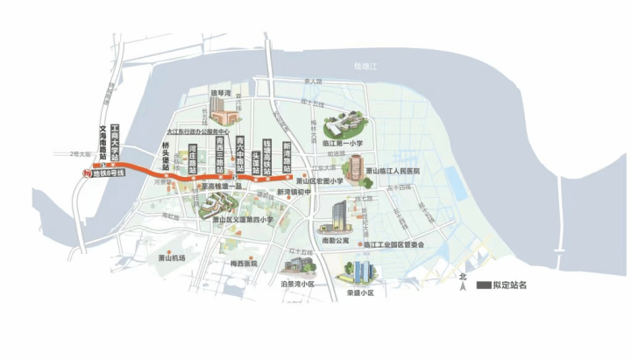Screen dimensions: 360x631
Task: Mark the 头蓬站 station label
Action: tap(256, 163)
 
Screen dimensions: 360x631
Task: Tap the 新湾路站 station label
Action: tap(286, 154)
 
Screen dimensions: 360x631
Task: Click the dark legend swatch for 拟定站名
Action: tap(483, 285)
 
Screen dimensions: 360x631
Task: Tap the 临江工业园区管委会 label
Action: tap(393, 244)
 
